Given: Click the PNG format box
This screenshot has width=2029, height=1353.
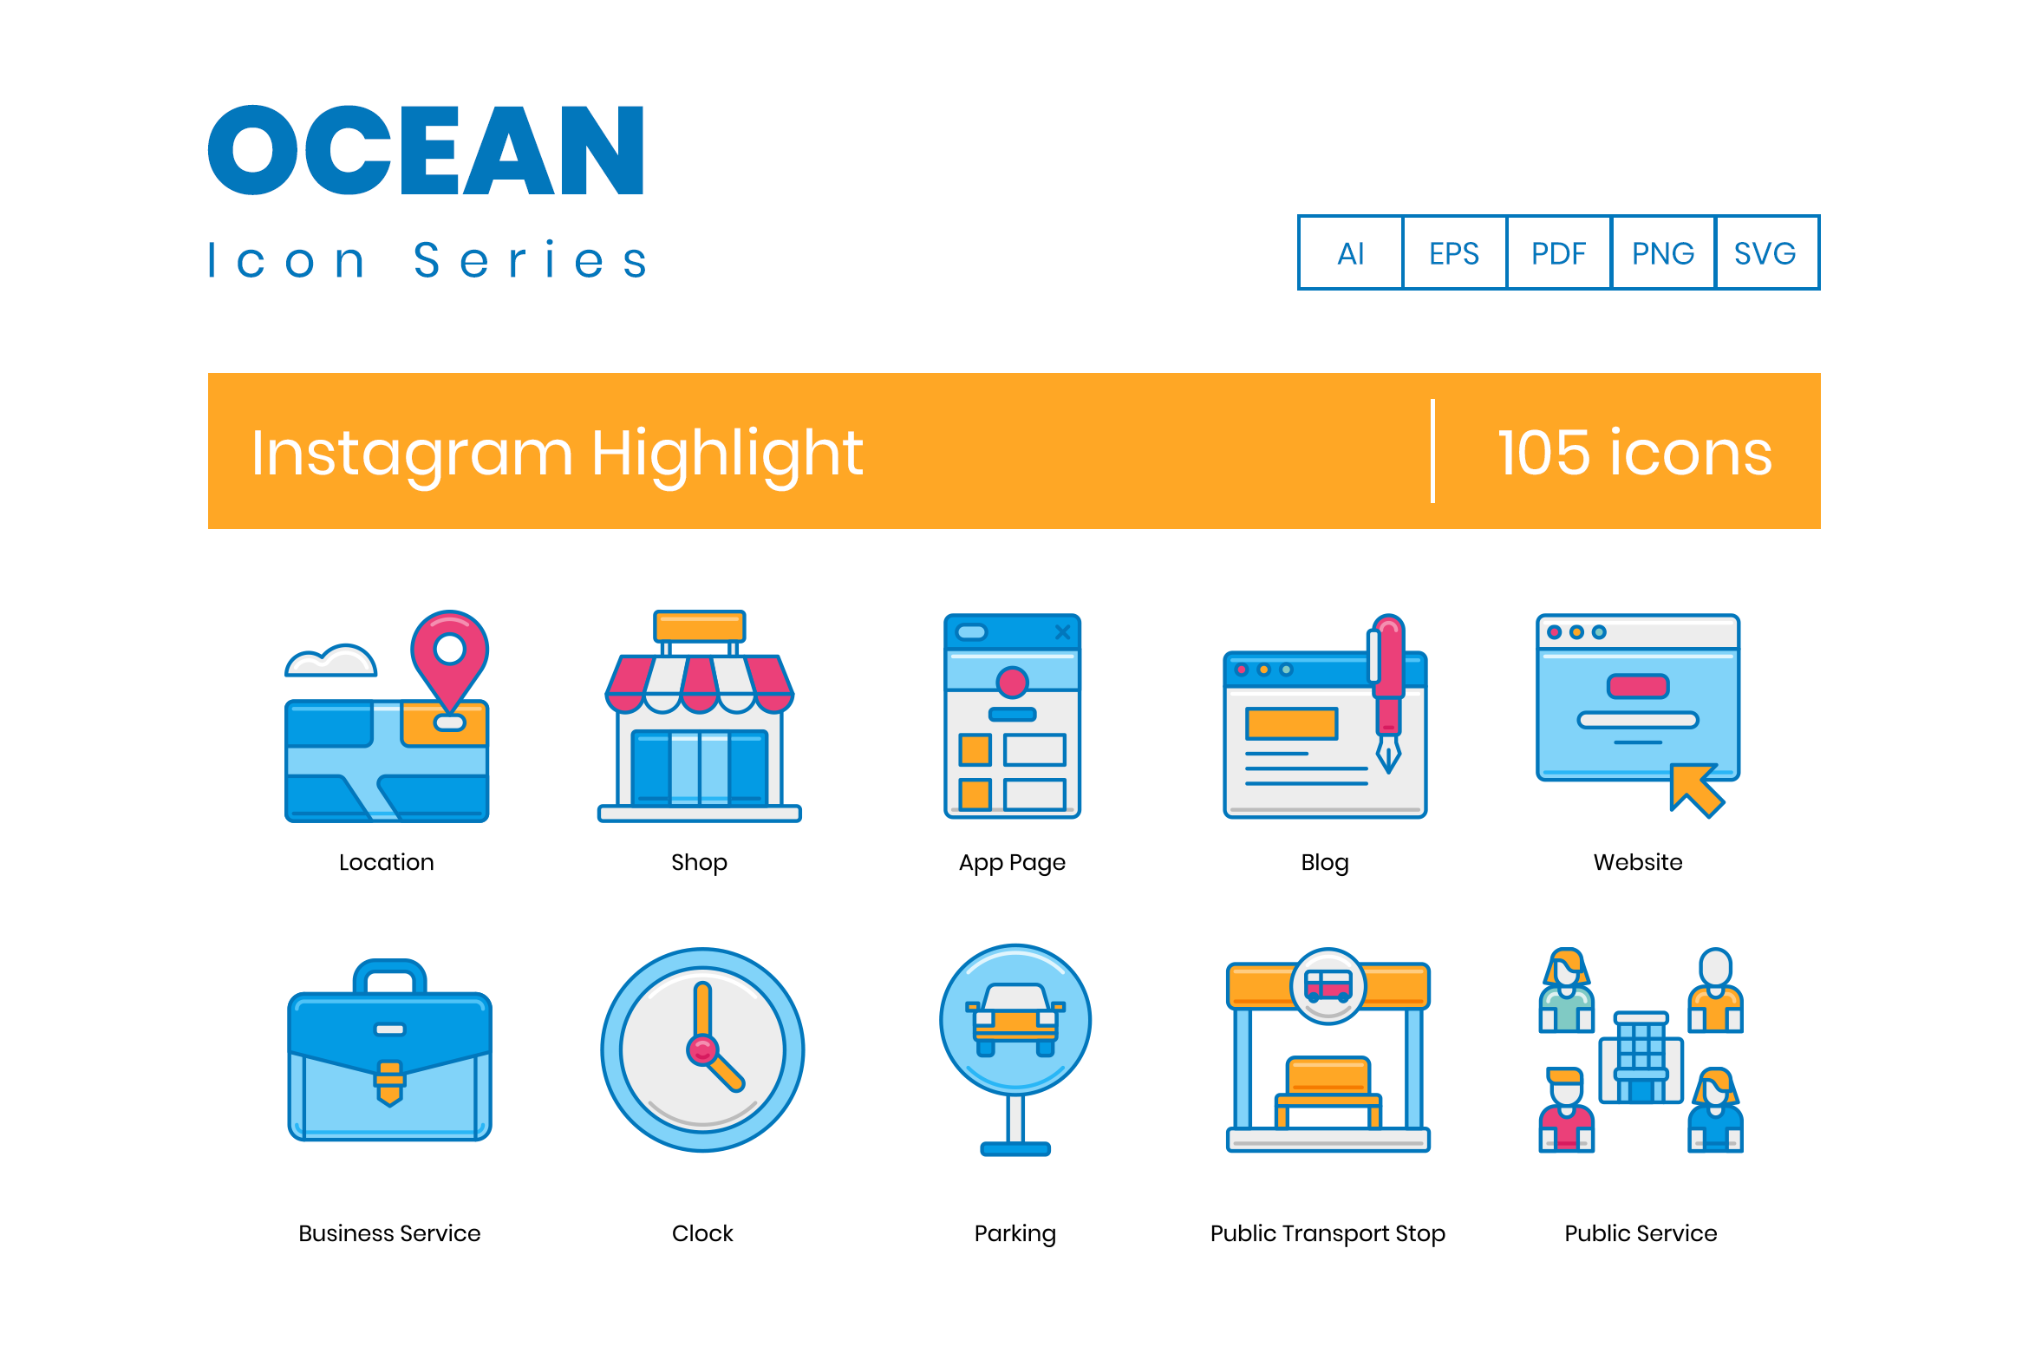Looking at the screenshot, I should (x=1662, y=253).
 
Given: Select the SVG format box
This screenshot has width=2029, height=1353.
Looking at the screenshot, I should (x=1765, y=253).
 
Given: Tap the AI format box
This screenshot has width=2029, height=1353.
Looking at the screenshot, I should (x=1350, y=253).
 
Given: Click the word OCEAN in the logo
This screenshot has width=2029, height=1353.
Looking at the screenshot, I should (x=426, y=151).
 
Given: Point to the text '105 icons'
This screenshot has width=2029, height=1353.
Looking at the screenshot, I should (x=1634, y=453).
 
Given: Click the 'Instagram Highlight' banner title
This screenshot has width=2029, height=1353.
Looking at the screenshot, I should (x=557, y=453).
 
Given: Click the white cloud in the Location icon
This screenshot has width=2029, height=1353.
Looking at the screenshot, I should (x=330, y=662).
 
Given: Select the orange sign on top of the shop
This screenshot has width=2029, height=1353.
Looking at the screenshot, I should (x=700, y=626).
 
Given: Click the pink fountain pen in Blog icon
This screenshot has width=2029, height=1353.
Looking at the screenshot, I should (x=1389, y=676).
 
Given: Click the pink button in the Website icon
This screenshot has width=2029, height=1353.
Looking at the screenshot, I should (x=1637, y=686).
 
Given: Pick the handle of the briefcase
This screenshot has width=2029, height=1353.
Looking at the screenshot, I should (x=389, y=975).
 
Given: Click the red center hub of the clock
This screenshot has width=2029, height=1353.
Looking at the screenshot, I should (x=702, y=1050).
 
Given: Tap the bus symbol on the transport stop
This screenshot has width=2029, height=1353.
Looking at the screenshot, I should (x=1328, y=986).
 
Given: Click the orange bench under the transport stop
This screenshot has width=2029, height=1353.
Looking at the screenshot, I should (x=1328, y=1080).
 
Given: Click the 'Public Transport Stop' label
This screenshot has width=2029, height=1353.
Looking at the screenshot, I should (x=1328, y=1233).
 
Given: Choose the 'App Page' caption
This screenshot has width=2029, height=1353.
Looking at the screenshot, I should (x=1012, y=862).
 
